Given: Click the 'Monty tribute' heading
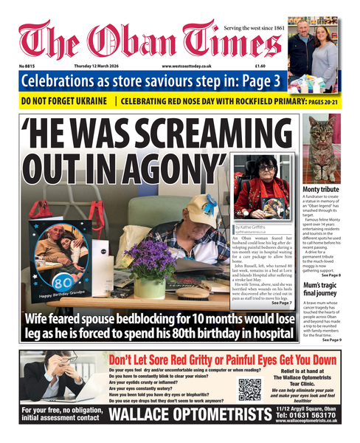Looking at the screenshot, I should click(321, 190).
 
